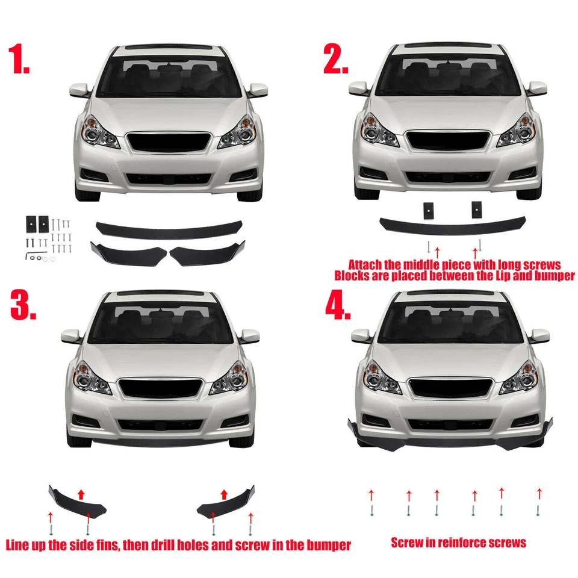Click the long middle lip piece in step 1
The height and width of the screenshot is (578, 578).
(168, 229)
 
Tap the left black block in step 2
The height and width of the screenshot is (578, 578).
(428, 210)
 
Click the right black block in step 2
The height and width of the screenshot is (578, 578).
(477, 210)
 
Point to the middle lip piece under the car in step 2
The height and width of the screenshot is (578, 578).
(452, 226)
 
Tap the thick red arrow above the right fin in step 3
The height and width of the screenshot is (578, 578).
(225, 494)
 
